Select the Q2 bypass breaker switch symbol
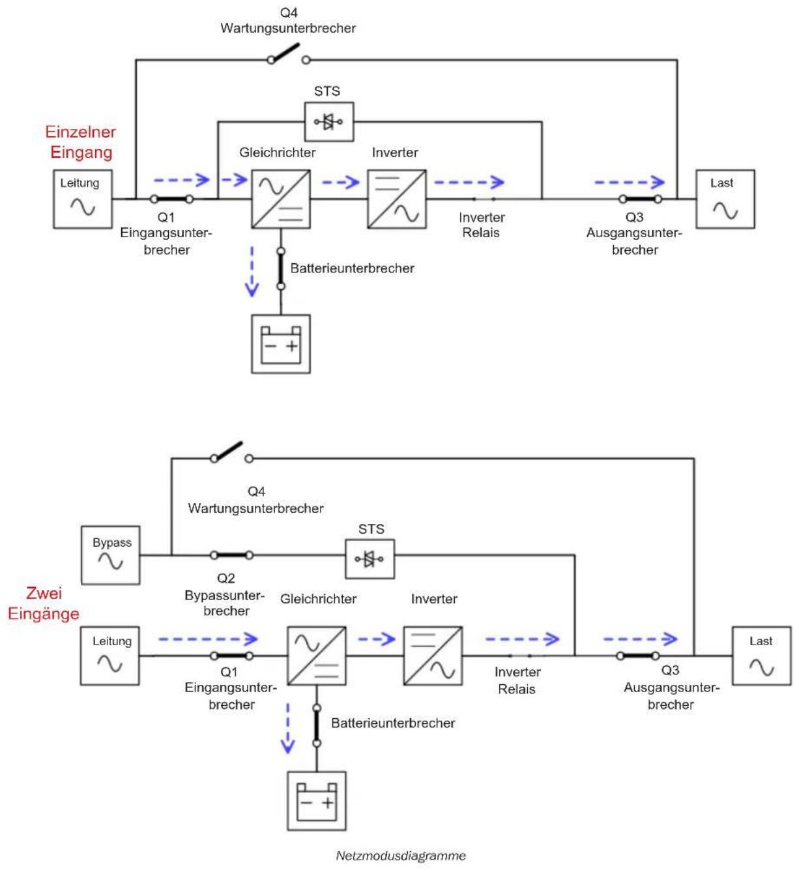click(231, 555)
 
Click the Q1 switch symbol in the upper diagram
click(171, 199)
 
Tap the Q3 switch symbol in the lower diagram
click(638, 656)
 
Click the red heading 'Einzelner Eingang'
click(81, 142)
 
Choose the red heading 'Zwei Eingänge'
click(44, 603)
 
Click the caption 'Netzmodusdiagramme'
click(400, 855)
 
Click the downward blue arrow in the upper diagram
click(252, 272)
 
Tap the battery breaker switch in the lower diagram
click(317, 725)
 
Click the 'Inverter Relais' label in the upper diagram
click(481, 225)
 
